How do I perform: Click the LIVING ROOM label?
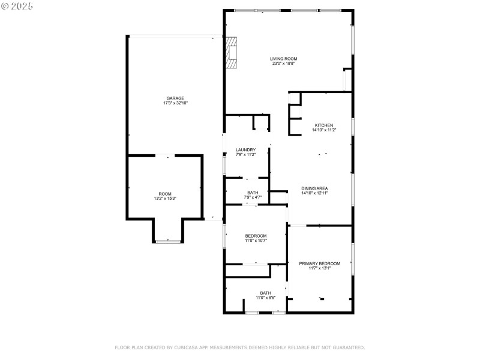[x=283, y=59]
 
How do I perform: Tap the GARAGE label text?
[x=175, y=98]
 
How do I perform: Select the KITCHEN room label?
[x=324, y=125]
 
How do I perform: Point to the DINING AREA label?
[x=314, y=188]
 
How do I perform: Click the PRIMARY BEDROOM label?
[x=320, y=263]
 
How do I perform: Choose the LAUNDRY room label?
[x=245, y=149]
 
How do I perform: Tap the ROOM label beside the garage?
[x=165, y=194]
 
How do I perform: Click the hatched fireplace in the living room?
[x=231, y=52]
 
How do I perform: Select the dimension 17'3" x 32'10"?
[x=175, y=103]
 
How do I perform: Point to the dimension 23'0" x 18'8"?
[x=283, y=64]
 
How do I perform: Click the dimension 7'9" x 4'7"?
[x=253, y=197]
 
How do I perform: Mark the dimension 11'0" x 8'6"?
[x=266, y=298]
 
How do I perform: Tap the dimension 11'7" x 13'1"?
[x=320, y=268]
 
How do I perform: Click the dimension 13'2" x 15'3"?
[x=165, y=199]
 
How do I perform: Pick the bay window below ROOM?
[x=168, y=242]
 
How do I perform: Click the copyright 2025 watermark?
[x=17, y=6]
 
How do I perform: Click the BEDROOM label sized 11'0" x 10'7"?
[x=256, y=236]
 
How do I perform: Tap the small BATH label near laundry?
[x=253, y=193]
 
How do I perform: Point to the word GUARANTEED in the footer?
[x=349, y=347]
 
